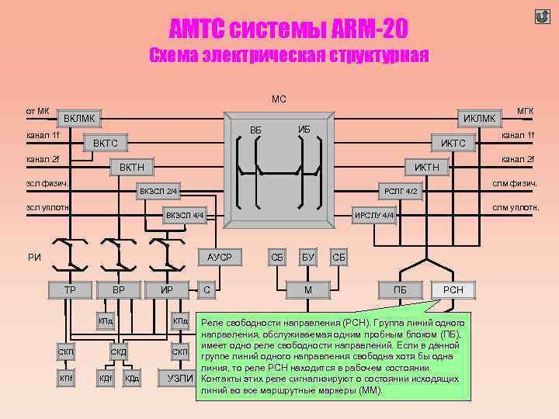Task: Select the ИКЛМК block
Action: click(478, 119)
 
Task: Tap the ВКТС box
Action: click(105, 143)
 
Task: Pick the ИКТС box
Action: click(453, 143)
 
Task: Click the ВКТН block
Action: click(131, 167)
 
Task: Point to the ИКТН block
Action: click(426, 167)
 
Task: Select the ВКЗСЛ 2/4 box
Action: click(158, 191)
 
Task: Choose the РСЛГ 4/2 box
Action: click(401, 191)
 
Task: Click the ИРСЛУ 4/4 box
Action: click(374, 215)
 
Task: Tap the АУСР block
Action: click(219, 257)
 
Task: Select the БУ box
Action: click(308, 257)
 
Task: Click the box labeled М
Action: click(308, 290)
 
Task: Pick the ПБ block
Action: click(400, 290)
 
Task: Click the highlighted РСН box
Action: click(453, 290)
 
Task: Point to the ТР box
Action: click(69, 290)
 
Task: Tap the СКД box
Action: click(118, 352)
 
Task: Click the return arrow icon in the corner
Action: click(542, 17)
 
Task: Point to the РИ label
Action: click(34, 257)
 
